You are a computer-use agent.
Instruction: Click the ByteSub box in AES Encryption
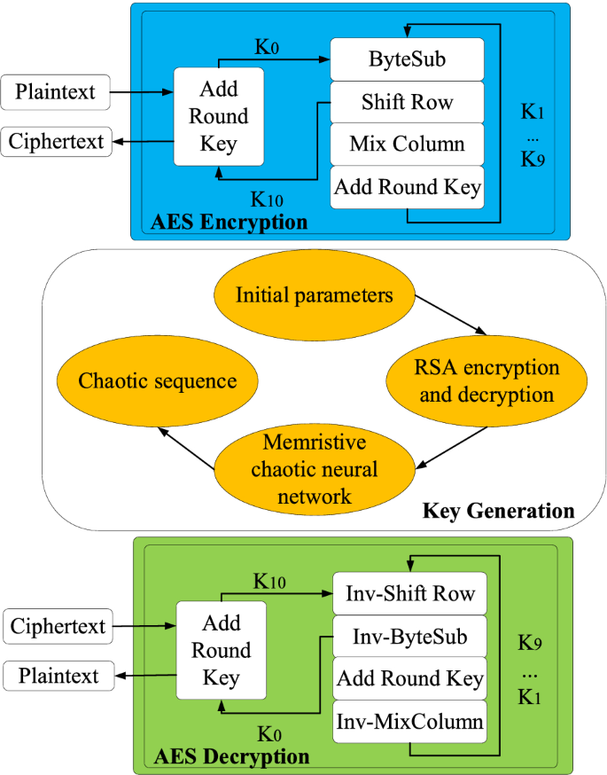click(x=407, y=59)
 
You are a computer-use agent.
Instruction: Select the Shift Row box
click(x=407, y=102)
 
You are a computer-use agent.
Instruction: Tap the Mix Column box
click(x=407, y=145)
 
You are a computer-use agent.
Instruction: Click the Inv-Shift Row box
click(x=409, y=594)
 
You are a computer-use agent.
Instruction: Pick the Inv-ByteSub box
click(x=409, y=637)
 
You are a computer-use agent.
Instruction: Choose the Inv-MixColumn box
click(x=409, y=722)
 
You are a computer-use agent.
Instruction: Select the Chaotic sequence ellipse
click(x=158, y=381)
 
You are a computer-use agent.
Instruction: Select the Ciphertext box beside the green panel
click(x=58, y=626)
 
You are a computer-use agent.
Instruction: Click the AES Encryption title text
click(x=230, y=222)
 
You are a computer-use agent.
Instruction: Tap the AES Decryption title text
click(x=231, y=756)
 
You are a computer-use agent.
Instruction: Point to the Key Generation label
click(x=498, y=511)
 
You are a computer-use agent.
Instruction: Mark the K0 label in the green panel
click(x=268, y=732)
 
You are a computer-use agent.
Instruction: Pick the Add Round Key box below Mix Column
click(x=407, y=187)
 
